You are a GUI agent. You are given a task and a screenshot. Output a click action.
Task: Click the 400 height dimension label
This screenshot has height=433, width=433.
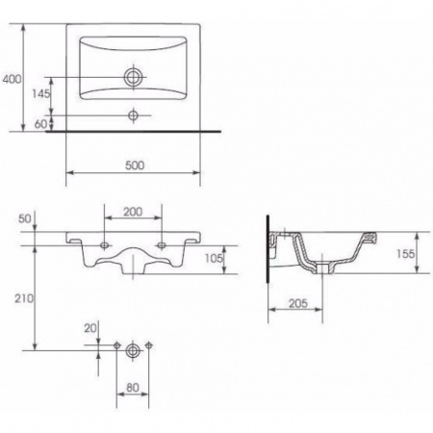click(x=12, y=79)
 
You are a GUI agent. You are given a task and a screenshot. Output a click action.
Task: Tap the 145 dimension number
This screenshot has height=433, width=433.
click(x=41, y=93)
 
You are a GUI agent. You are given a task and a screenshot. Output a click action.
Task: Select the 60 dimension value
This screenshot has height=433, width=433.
click(x=40, y=124)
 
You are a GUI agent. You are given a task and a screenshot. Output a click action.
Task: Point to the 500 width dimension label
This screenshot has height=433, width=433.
click(x=135, y=166)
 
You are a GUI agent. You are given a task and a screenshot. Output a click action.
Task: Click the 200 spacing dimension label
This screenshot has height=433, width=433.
click(x=133, y=212)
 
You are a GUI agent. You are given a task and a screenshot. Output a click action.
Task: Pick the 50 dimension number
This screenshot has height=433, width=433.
click(x=25, y=218)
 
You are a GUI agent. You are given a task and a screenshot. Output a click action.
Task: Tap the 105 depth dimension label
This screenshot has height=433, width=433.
click(x=214, y=258)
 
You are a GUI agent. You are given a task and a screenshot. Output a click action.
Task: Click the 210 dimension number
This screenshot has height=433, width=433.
click(x=24, y=298)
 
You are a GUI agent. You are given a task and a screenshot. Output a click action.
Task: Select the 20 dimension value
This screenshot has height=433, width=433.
click(x=90, y=328)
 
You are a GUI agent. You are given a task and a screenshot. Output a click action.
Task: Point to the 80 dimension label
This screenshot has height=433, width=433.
click(x=133, y=388)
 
